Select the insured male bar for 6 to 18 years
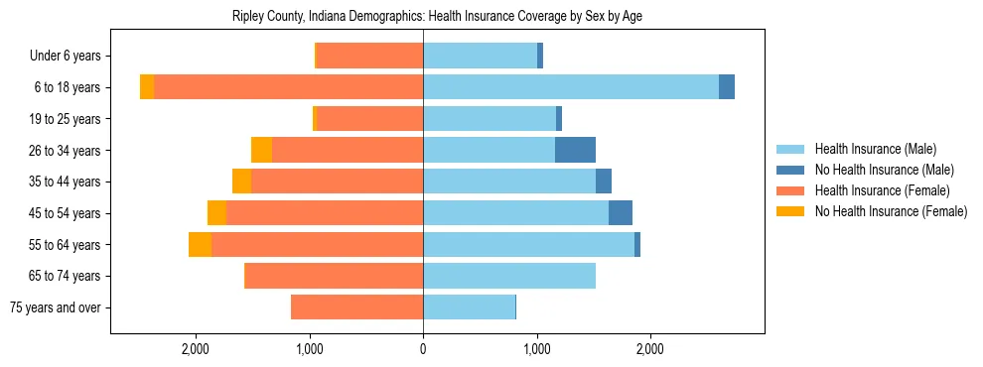571,87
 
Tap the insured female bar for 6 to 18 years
288,87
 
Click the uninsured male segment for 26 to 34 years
575,150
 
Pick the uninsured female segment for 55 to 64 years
200,244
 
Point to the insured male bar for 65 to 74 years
509,276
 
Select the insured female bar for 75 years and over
356,307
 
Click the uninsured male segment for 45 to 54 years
621,213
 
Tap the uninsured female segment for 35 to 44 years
241,182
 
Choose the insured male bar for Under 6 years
480,56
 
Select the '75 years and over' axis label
56,307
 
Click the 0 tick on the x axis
423,349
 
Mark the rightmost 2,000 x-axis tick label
650,349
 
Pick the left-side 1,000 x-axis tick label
310,349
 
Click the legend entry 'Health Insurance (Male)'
875,149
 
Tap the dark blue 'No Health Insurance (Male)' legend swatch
790,170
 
